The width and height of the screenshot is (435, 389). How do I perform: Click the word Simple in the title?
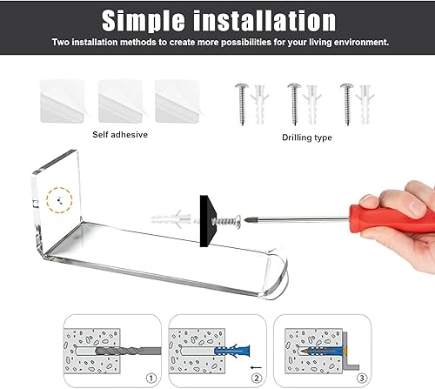point(143,21)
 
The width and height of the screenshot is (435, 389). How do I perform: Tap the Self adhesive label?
point(120,135)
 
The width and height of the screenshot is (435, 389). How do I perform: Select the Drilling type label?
point(307,137)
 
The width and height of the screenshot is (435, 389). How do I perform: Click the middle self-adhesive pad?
point(120,101)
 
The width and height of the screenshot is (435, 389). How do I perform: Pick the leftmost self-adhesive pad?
point(62,101)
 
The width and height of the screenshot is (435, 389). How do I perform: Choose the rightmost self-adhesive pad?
point(177,101)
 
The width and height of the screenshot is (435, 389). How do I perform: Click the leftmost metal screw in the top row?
point(242,104)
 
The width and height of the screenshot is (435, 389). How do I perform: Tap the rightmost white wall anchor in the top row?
point(365,104)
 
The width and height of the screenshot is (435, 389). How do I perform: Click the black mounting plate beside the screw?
point(208,221)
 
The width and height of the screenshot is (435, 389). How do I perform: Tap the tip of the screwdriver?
point(245,220)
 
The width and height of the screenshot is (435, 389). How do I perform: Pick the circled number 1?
point(151,379)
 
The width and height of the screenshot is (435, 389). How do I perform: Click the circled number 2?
point(257,379)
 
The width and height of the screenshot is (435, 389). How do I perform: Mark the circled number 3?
point(362,379)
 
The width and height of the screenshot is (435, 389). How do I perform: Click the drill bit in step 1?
point(128,352)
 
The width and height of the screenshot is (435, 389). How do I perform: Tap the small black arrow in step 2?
point(256,367)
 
